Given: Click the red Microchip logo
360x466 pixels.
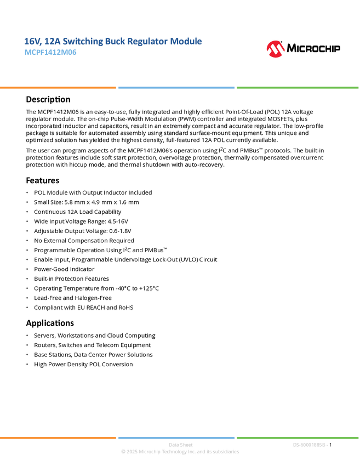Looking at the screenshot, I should coord(276,49).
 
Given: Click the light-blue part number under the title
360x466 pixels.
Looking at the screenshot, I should coord(50,53).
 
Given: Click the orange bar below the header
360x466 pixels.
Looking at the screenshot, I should coord(58,88).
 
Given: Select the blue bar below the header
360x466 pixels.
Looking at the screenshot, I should coord(176,88).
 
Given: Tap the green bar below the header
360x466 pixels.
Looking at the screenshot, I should coord(298,88).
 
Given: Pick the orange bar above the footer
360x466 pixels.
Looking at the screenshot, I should coord(58,437).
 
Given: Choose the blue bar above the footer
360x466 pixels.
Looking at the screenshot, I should coord(176,437).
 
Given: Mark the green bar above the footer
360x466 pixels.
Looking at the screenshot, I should coord(298,437).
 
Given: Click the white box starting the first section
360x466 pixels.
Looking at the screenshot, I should coord(13,99).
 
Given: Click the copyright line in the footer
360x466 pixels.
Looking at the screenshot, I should coord(180,452).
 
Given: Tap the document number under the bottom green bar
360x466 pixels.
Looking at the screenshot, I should coord(310,445).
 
